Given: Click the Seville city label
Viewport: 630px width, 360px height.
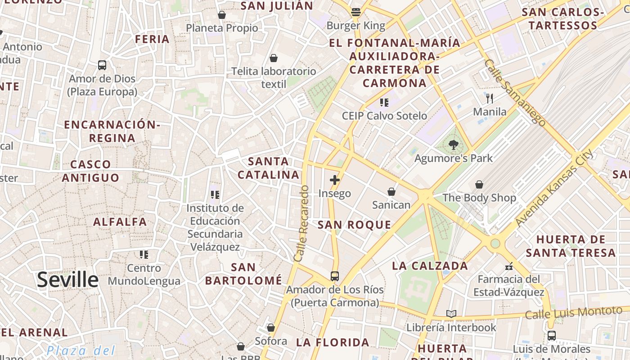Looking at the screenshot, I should (x=67, y=279).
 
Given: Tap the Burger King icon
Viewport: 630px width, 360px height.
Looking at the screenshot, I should (x=356, y=12).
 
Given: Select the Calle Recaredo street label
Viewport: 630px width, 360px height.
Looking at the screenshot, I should (x=301, y=224).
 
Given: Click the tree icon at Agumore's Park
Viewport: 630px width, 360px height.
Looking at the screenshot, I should (x=453, y=145).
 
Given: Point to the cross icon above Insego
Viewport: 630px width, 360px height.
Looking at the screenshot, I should (x=334, y=180).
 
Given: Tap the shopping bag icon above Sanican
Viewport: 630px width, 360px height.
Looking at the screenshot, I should (x=391, y=192).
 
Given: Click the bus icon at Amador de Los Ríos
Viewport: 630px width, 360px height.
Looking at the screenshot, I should (x=335, y=276).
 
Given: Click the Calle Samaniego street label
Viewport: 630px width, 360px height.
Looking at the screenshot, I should (x=515, y=93).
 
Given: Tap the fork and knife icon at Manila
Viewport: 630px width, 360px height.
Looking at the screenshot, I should (x=490, y=98).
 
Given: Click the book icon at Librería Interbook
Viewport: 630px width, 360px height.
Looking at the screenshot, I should (x=451, y=314).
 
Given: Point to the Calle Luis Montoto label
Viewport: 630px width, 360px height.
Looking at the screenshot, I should (x=573, y=312).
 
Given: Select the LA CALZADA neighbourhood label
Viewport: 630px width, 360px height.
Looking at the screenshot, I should (x=430, y=265).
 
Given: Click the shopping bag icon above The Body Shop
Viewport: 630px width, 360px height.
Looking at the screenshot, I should (x=479, y=184).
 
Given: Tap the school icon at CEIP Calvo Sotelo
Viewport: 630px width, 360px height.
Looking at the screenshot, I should (x=384, y=103).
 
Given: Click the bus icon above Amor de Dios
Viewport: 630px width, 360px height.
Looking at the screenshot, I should (x=102, y=65).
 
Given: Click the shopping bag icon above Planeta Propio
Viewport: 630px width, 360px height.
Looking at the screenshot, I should (x=221, y=15).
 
